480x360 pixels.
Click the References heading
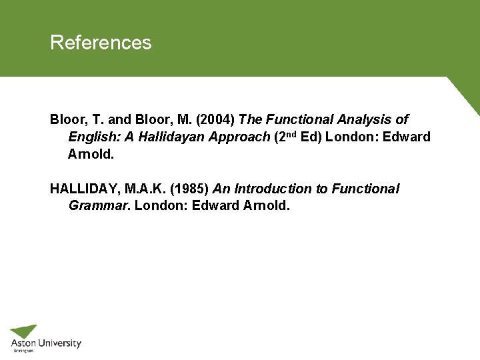pos(101,43)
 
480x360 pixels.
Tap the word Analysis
pos(365,120)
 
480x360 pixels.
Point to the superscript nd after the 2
pos(292,134)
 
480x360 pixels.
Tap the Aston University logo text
pos(45,344)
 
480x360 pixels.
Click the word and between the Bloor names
pos(119,120)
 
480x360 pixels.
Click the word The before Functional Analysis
pos(251,120)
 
